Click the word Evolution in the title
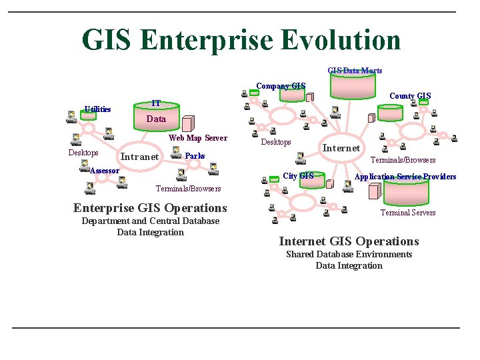340,40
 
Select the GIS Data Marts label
355,70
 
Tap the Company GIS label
281,85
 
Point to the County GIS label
410,96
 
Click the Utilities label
98,109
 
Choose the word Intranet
139,157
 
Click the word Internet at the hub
341,148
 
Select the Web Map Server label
198,138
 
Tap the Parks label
195,156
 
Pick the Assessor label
105,171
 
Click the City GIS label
298,176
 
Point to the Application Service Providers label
405,177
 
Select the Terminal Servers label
408,213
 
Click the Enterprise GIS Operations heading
150,208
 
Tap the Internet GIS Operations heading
349,241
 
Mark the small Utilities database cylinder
88,115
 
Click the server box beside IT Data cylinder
188,123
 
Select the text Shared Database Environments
349,254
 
